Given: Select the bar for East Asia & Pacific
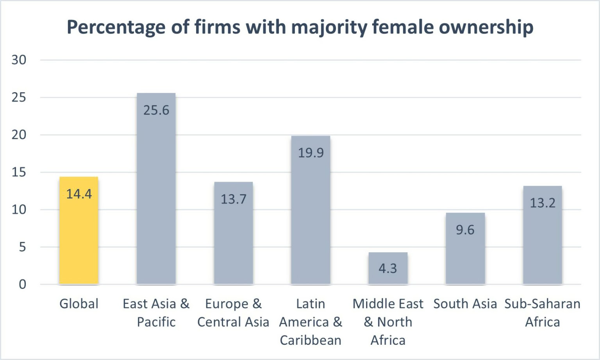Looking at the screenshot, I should tap(156, 195).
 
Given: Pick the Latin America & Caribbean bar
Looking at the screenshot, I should tap(311, 219).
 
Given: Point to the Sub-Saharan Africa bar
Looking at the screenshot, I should tap(543, 242).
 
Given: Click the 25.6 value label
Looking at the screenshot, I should tap(156, 110).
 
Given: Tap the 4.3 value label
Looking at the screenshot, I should tap(387, 268).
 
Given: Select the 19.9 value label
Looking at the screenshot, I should tap(311, 153).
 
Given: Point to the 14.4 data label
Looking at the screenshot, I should tap(79, 194).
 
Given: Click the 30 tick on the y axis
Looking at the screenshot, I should tap(19, 60).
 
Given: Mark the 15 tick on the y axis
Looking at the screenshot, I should tap(19, 172).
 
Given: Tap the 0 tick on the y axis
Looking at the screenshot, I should tap(23, 284).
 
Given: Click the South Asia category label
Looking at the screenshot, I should tap(465, 304).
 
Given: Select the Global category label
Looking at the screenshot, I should tap(79, 304).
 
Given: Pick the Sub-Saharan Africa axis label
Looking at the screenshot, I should tap(542, 313).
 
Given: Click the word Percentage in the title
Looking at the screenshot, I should tap(116, 27).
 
